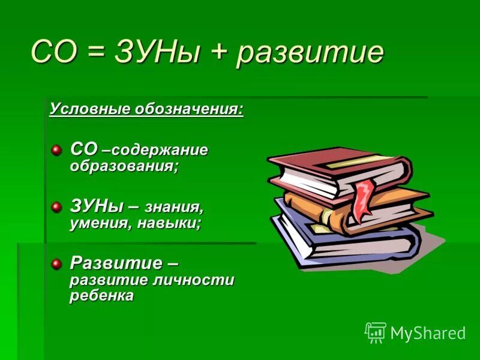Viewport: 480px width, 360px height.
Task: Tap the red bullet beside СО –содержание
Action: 56,149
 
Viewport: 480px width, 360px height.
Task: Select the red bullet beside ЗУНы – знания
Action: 56,207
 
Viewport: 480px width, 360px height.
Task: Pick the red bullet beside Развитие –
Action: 56,263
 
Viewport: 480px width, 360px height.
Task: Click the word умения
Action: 96,224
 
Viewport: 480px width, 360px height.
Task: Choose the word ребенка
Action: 102,296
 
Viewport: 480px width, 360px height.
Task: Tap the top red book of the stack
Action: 336,168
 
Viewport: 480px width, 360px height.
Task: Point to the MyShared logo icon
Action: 375,332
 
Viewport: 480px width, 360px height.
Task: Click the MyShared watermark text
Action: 428,334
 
